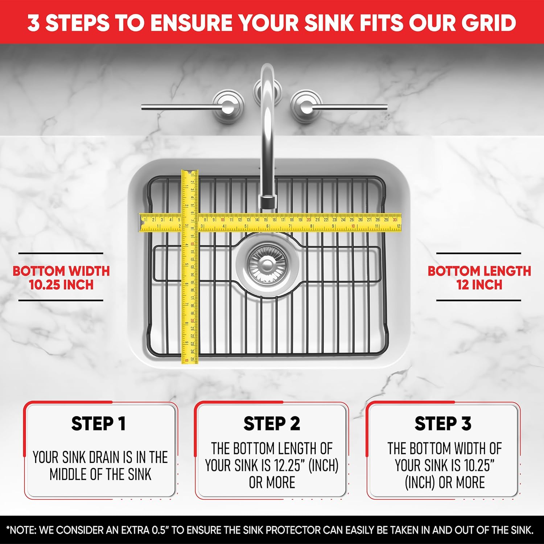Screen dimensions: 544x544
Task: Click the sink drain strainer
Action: (268, 264)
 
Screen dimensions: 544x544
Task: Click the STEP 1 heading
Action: (98, 424)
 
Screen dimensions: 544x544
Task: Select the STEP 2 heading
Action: (272, 424)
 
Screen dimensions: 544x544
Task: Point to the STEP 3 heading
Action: (443, 424)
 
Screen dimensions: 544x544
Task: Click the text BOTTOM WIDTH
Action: (61, 271)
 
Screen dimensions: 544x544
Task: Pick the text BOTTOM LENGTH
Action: (479, 271)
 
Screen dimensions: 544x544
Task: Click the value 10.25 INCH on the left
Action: (61, 285)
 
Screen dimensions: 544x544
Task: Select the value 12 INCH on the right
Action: (479, 285)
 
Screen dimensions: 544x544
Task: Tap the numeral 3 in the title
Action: (33, 22)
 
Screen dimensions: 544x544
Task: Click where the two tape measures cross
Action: (190, 223)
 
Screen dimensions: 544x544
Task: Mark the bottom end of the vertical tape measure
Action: (190, 361)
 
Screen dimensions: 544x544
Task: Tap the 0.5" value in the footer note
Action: (159, 530)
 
